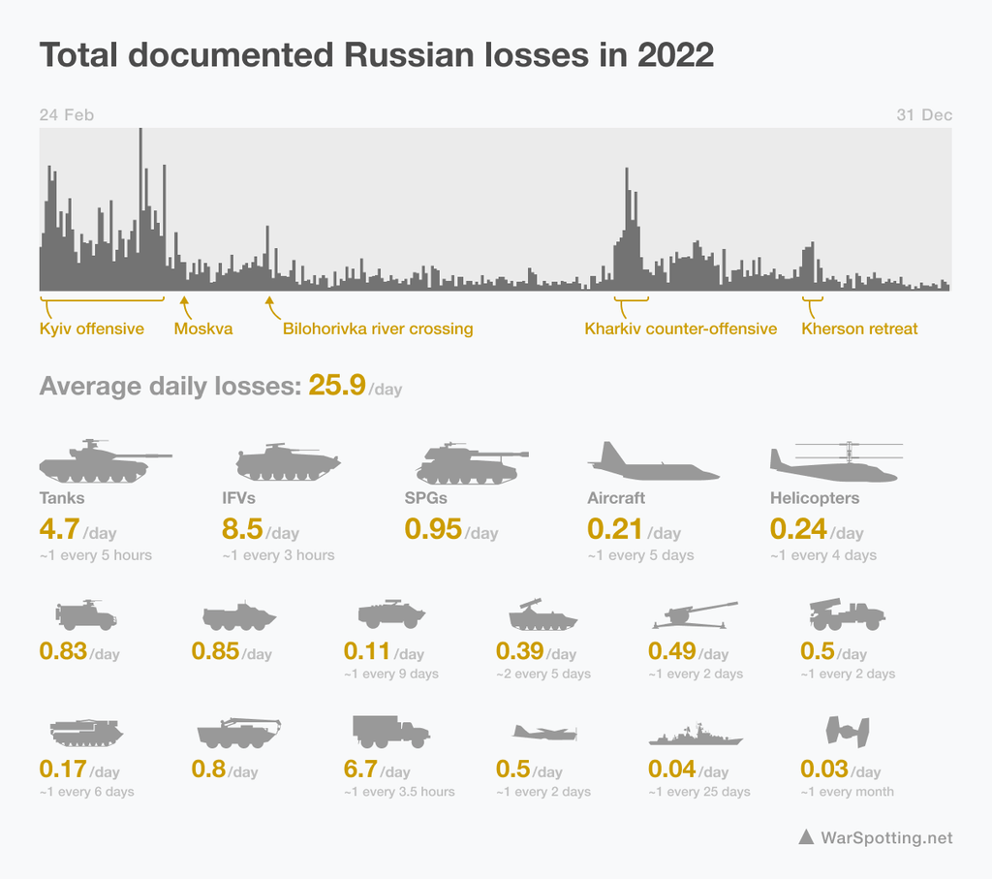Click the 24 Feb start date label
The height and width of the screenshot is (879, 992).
pos(67,114)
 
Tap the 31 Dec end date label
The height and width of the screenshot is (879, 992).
pos(924,114)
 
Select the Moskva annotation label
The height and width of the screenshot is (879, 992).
pos(203,329)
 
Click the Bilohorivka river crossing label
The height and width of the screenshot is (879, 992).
pos(378,329)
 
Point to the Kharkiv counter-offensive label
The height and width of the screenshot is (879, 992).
pos(680,329)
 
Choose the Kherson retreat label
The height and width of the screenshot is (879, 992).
pos(859,329)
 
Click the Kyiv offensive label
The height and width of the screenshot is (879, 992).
pos(92,329)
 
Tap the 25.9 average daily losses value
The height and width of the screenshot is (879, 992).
pos(336,386)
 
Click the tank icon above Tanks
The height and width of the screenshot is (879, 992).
pos(102,461)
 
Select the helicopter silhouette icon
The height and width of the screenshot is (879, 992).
pos(835,463)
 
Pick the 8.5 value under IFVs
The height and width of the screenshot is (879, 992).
pos(241,529)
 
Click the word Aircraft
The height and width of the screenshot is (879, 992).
pos(616,498)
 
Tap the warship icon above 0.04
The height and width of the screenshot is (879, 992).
pos(696,736)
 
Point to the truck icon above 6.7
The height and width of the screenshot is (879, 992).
pos(390,732)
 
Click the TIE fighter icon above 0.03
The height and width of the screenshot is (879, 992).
pos(847,731)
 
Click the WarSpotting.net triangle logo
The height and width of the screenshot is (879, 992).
pos(805,837)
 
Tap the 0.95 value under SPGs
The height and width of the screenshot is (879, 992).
pos(432,529)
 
